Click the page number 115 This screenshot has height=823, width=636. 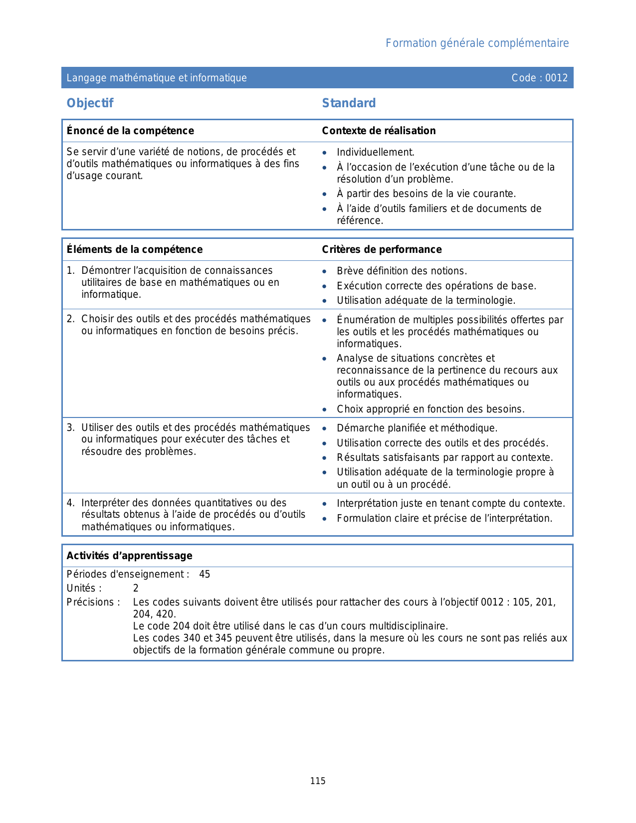[x=318, y=781]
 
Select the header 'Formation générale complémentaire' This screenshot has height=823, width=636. [x=477, y=43]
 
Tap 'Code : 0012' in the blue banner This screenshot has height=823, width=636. [x=539, y=78]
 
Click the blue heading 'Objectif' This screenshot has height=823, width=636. [x=90, y=103]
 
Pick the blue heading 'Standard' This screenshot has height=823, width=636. [x=349, y=103]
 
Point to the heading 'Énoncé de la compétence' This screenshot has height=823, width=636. [x=130, y=131]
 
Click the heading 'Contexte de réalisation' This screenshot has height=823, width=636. [x=379, y=131]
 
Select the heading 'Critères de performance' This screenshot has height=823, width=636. [x=382, y=249]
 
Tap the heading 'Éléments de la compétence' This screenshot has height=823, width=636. [x=135, y=249]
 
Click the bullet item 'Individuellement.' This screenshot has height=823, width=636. [x=376, y=153]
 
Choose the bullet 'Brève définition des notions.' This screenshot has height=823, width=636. [x=402, y=271]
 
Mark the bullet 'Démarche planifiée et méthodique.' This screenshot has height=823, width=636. [x=417, y=428]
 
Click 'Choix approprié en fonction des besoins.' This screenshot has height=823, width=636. [x=430, y=410]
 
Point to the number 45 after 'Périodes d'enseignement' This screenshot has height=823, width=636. [x=205, y=575]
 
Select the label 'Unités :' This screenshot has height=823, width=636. [x=84, y=589]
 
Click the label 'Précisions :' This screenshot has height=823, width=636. [x=93, y=603]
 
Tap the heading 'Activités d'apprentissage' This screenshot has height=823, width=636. [x=129, y=556]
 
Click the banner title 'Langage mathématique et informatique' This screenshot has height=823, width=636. [x=157, y=78]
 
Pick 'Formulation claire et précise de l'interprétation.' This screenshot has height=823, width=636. [x=444, y=519]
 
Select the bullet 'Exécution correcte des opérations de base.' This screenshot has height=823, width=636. [x=436, y=286]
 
